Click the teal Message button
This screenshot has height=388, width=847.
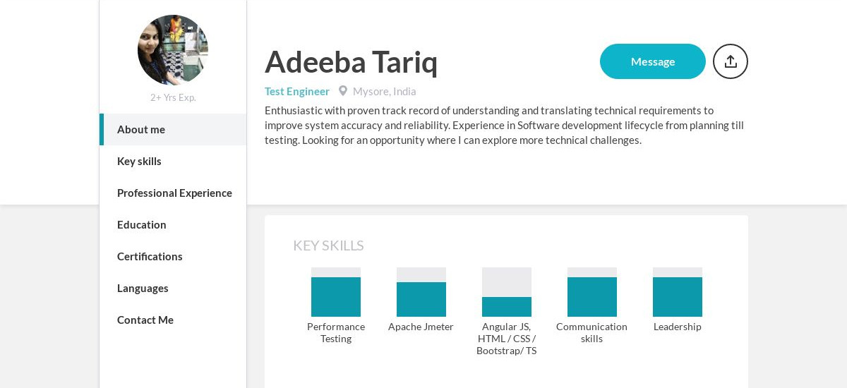click(x=652, y=61)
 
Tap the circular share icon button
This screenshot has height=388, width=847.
click(x=731, y=61)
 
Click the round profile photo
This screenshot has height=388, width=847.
click(x=173, y=50)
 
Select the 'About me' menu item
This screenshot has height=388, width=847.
click(x=141, y=130)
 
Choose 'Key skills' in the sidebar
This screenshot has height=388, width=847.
click(x=139, y=162)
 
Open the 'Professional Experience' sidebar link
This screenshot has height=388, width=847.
click(x=174, y=193)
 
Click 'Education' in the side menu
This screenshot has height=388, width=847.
click(x=142, y=225)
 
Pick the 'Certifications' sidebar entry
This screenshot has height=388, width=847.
click(x=150, y=257)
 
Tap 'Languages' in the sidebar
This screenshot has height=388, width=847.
click(x=143, y=289)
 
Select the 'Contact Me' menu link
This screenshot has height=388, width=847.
click(x=145, y=320)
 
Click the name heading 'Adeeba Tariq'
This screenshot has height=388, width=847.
click(x=351, y=61)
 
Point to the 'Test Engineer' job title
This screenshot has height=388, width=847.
click(x=297, y=92)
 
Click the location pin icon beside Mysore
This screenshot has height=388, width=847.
click(x=343, y=91)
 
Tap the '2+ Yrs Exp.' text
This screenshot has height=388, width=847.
click(x=173, y=97)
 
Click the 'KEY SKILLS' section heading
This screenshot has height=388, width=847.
click(x=328, y=245)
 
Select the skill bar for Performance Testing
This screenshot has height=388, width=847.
click(x=336, y=292)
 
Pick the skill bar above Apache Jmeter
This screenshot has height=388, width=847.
click(x=421, y=292)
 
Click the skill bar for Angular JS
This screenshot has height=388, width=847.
click(x=507, y=292)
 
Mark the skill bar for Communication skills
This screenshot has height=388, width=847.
click(x=592, y=292)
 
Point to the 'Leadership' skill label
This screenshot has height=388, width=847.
click(x=678, y=327)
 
